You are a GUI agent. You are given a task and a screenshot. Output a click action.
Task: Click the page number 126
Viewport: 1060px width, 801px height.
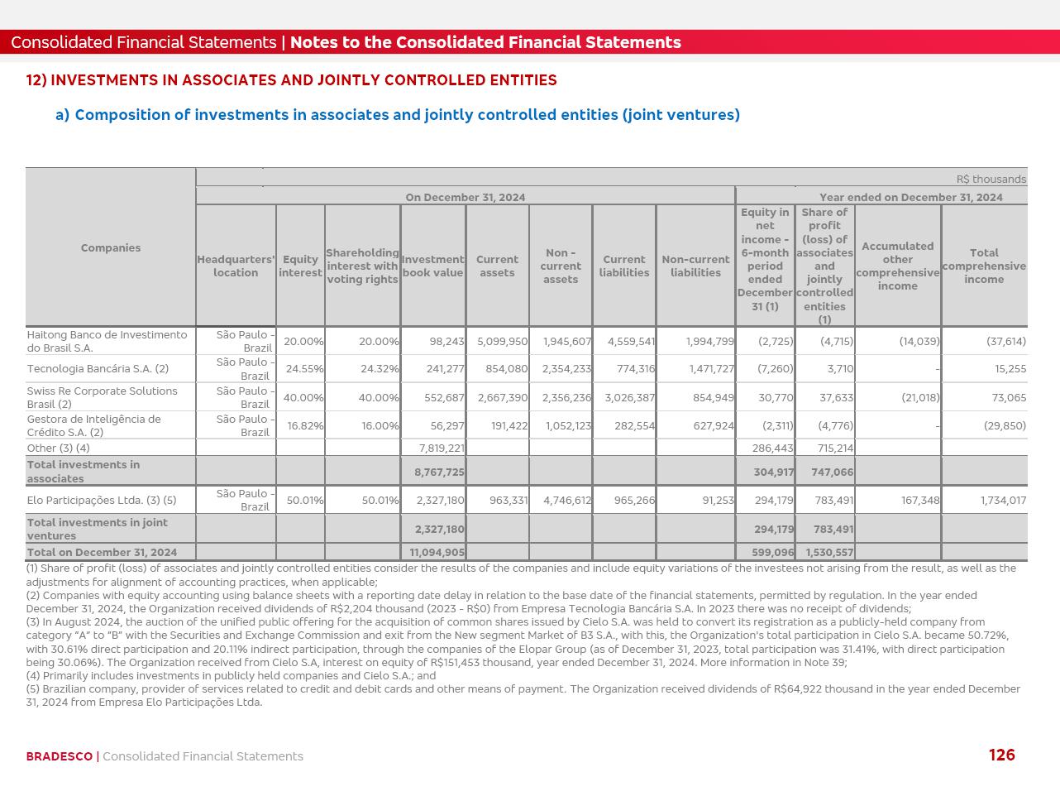click(x=1001, y=755)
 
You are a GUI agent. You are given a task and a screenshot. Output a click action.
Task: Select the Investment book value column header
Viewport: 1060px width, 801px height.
click(x=432, y=266)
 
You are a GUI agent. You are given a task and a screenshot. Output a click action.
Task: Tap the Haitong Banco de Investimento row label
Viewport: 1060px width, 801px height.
click(x=107, y=341)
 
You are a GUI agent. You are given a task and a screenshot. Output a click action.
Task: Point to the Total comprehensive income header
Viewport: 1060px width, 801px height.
click(x=984, y=266)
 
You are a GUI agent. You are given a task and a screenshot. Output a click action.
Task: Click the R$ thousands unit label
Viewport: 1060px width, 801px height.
click(x=991, y=179)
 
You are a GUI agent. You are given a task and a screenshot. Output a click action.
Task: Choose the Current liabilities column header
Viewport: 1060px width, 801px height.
click(x=623, y=266)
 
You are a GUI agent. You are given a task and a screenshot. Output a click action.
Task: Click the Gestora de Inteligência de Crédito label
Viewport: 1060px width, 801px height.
click(x=93, y=425)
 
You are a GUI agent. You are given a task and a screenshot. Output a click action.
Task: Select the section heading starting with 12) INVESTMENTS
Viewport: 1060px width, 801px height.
click(x=291, y=80)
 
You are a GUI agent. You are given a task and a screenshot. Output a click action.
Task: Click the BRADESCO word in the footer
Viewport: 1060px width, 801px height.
click(x=59, y=756)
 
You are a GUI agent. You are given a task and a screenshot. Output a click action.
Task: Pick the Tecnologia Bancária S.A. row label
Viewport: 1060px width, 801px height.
click(x=98, y=369)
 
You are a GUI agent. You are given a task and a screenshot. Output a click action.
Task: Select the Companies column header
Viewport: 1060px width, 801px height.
click(x=111, y=247)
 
